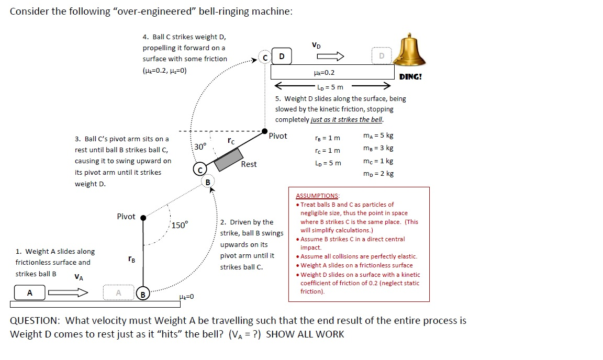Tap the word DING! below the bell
coord(410,76)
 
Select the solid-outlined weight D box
coord(282,55)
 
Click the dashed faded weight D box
coord(382,55)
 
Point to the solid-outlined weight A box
coord(29,293)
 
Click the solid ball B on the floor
coord(143,294)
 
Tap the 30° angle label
coord(200,146)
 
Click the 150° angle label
coord(180,225)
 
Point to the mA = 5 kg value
coord(378,136)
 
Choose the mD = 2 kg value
coord(378,173)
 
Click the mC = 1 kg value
coord(378,161)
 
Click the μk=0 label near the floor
coord(186,297)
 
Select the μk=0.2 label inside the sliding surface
coord(323,73)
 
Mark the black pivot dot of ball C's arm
coord(265,131)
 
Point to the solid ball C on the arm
coord(199,169)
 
